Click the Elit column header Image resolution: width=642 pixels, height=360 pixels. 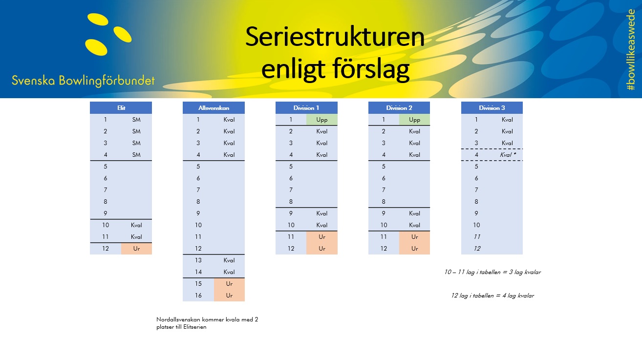[121, 108]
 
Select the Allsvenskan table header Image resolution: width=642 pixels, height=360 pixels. [214, 108]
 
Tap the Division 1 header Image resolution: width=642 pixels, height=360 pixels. [306, 108]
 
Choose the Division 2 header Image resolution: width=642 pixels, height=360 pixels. [399, 108]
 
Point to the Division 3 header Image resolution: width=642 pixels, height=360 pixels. [492, 108]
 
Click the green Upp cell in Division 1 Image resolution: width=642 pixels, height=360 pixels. [322, 120]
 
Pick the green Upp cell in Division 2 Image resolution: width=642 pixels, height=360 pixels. [414, 120]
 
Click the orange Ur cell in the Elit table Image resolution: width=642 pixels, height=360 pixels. [136, 249]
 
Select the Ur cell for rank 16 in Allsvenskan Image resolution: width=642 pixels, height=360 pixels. [229, 296]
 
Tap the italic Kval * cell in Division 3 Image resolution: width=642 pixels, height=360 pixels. [508, 155]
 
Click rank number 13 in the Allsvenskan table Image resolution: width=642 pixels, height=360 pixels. [198, 260]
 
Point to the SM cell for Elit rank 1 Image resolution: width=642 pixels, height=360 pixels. [136, 120]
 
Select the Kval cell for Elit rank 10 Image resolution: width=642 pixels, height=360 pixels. [136, 225]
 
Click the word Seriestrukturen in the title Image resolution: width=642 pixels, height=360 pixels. [335, 37]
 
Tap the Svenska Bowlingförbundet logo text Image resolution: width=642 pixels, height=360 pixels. [83, 81]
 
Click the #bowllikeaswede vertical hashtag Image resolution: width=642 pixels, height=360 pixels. [631, 50]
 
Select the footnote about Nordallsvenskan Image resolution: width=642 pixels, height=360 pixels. [207, 323]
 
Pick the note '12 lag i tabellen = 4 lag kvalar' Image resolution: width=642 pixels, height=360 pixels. [492, 296]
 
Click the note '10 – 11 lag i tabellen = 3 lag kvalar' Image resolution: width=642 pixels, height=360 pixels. [492, 272]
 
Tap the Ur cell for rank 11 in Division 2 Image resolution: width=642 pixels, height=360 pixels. [414, 237]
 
